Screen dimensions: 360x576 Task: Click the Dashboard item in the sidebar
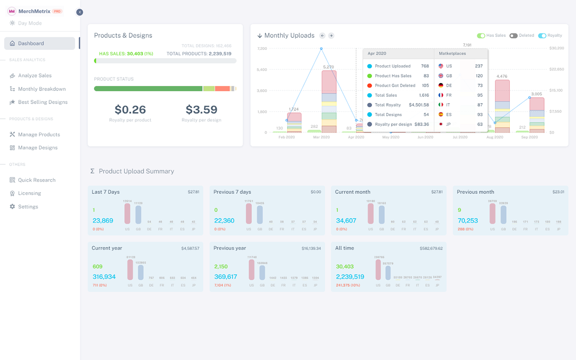pyautogui.click(x=31, y=44)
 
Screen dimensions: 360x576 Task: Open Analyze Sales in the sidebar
pyautogui.click(x=35, y=76)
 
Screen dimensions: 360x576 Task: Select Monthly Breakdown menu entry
pyautogui.click(x=41, y=89)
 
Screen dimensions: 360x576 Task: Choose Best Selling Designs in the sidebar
pyautogui.click(x=42, y=102)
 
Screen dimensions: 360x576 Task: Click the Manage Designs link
pyautogui.click(x=37, y=148)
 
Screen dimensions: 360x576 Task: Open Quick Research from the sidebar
pyautogui.click(x=36, y=180)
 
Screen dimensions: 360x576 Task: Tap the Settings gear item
pyautogui.click(x=28, y=207)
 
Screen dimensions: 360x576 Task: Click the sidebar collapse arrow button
pyautogui.click(x=80, y=12)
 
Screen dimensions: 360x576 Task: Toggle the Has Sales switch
pyautogui.click(x=481, y=36)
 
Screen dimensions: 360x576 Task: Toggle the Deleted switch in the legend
pyautogui.click(x=513, y=36)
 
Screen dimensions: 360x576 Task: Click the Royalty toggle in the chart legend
pyautogui.click(x=542, y=36)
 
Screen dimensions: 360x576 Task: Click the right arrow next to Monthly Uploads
pyautogui.click(x=331, y=36)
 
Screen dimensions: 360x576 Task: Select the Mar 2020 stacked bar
pyautogui.click(x=328, y=101)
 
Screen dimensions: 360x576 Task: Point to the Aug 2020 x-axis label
pyautogui.click(x=495, y=137)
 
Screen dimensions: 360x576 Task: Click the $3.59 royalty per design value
pyautogui.click(x=201, y=109)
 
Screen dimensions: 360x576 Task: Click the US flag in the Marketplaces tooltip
pyautogui.click(x=441, y=66)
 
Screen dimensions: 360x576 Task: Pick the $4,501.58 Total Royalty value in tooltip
pyautogui.click(x=418, y=105)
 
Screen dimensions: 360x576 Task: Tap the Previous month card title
pyautogui.click(x=475, y=192)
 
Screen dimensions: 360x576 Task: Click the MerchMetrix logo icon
pyautogui.click(x=12, y=11)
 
